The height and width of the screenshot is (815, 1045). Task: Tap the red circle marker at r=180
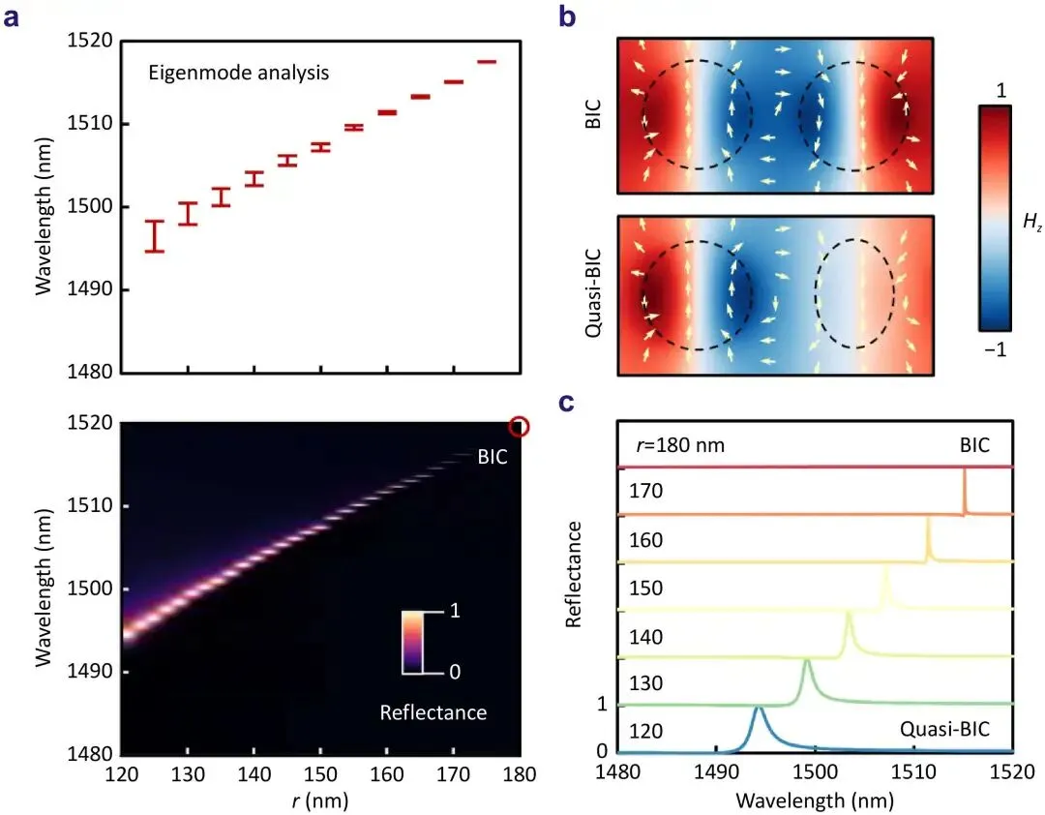(x=520, y=426)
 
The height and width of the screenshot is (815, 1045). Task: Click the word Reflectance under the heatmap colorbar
(x=433, y=713)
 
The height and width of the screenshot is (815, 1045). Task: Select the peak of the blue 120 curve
(x=759, y=709)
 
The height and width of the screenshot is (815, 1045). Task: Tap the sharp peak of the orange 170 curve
(x=965, y=471)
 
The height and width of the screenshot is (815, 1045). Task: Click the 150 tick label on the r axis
(x=319, y=777)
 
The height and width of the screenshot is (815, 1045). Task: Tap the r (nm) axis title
(x=318, y=800)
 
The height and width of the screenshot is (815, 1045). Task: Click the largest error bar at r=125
(x=155, y=236)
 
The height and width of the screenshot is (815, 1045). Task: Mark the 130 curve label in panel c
(x=645, y=683)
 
